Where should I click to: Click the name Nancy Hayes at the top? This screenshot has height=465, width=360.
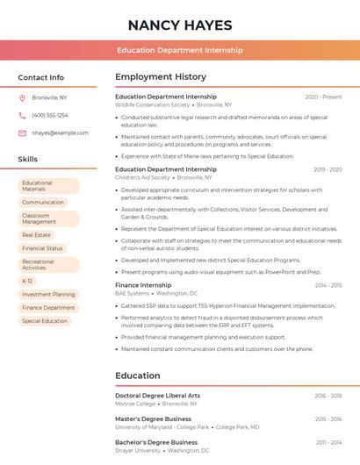coord(180,25)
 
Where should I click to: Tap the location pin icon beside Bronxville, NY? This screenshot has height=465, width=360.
coord(22,97)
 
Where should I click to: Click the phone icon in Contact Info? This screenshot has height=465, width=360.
coord(22,115)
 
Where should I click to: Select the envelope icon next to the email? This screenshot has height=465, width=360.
coord(22,132)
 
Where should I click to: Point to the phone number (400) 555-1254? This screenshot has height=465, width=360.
coord(50,115)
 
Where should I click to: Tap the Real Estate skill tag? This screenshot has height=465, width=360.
coord(37,235)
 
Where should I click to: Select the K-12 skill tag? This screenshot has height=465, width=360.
coord(27,281)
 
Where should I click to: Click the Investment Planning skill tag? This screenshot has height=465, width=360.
coord(48,294)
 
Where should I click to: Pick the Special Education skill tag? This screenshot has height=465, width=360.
coord(45,321)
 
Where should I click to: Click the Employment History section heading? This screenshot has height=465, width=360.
coord(161,77)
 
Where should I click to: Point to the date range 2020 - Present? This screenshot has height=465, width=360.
coord(323,97)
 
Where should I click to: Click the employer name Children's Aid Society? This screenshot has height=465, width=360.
coord(142,177)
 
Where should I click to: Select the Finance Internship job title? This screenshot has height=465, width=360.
coord(143,285)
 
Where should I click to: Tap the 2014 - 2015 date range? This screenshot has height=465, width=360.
coord(328,285)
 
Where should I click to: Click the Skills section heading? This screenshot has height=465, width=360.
coord(28,160)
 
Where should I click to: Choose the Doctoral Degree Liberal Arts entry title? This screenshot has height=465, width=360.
coord(157,396)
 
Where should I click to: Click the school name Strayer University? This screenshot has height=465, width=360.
coord(138,451)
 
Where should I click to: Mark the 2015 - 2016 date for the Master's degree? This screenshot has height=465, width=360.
coord(328,419)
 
